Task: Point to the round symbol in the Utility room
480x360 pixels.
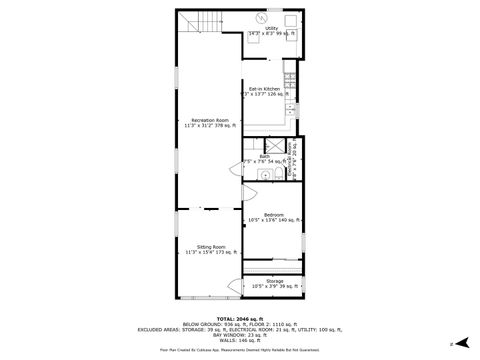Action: click(262, 17)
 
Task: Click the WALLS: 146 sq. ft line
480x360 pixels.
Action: click(240, 340)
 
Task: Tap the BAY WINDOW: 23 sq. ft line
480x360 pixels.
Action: click(240, 334)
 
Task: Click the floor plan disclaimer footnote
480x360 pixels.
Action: click(240, 350)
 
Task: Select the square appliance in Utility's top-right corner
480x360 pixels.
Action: click(292, 19)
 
